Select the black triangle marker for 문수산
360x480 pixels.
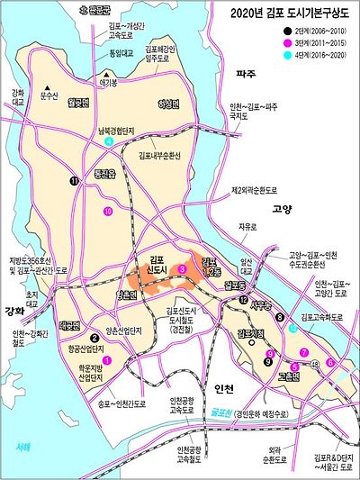point(42,91)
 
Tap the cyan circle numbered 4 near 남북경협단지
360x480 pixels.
point(109,141)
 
